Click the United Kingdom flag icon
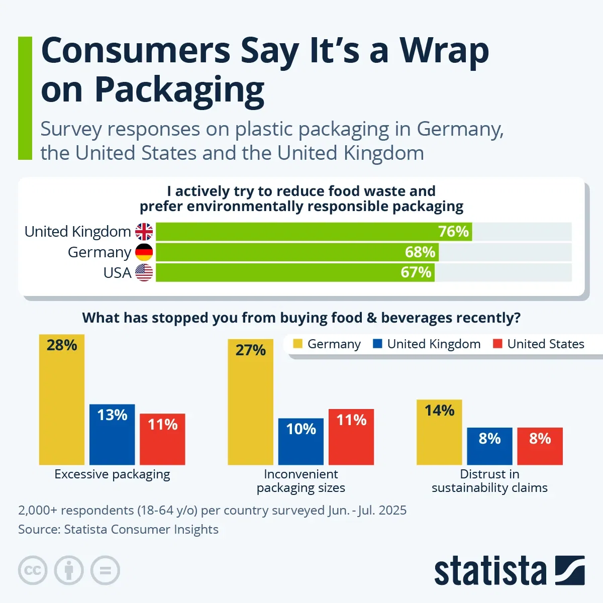(144, 232)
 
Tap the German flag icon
(144, 252)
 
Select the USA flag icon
(144, 273)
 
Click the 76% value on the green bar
(453, 232)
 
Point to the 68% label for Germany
(420, 252)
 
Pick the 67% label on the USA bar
(416, 273)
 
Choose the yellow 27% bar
(250, 402)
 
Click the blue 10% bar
(300, 442)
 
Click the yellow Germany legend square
(298, 344)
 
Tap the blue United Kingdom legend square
(377, 344)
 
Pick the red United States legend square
(497, 344)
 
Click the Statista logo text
(490, 571)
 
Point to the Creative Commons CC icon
(33, 571)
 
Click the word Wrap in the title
(444, 51)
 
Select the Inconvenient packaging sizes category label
(300, 481)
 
